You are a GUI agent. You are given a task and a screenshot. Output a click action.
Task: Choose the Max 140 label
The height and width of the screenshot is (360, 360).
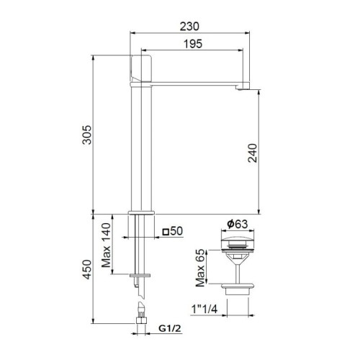pos(107,245)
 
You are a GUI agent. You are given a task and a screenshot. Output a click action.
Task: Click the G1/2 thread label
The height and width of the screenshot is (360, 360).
pos(168,331)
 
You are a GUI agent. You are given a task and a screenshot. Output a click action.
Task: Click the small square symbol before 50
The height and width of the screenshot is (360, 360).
pos(166,232)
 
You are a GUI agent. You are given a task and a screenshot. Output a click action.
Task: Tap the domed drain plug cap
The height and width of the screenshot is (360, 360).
pos(235,241)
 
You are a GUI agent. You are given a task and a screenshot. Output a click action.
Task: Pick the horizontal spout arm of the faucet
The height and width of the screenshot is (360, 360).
pos(198,84)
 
